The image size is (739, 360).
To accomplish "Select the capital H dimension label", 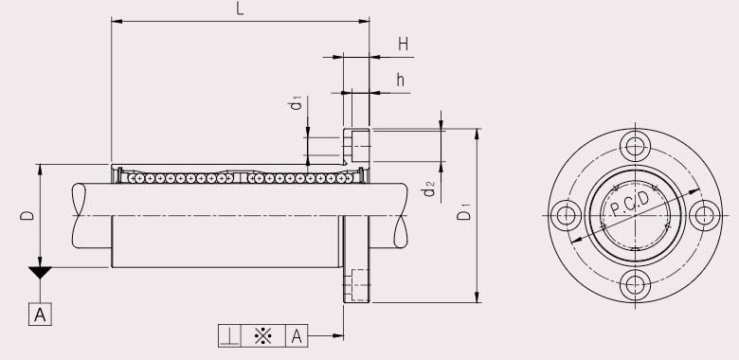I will [403, 44].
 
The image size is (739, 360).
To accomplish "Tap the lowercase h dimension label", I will [401, 80].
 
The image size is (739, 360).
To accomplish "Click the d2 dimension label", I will [429, 189].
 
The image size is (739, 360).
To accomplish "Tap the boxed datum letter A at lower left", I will [41, 314].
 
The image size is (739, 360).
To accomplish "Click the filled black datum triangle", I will [41, 275].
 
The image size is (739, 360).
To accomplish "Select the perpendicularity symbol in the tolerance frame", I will [230, 335].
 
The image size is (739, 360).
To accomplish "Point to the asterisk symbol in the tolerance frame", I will [263, 335].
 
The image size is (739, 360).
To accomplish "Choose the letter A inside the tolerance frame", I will [297, 335].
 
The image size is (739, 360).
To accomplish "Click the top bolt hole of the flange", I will [635, 147].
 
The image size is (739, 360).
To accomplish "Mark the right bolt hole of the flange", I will [703, 215].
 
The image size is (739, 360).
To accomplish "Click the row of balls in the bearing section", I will [237, 177].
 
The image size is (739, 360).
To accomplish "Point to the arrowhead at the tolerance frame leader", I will [337, 335].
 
